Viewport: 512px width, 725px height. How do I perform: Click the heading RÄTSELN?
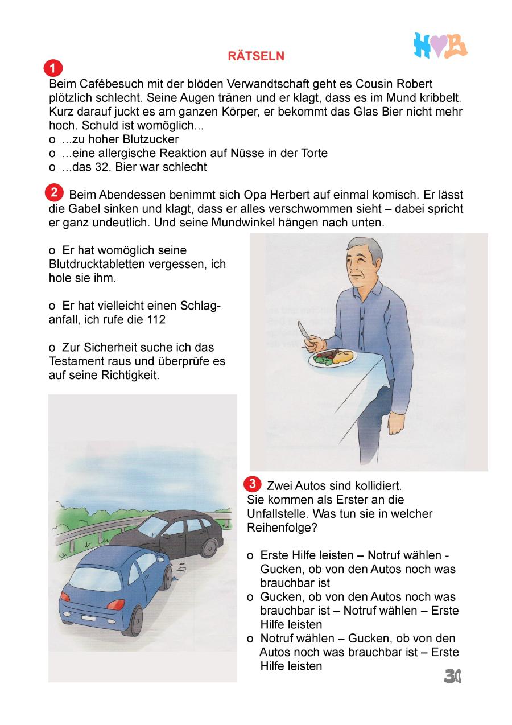tap(256, 56)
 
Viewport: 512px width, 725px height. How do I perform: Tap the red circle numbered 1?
tap(52, 69)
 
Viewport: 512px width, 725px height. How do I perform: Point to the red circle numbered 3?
tap(252, 484)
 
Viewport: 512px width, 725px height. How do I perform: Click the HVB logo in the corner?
tap(440, 46)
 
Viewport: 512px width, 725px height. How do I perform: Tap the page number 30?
tap(452, 675)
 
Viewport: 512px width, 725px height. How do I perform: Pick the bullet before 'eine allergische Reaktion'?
tap(52, 154)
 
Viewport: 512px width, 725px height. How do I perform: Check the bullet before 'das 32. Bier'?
tap(52, 167)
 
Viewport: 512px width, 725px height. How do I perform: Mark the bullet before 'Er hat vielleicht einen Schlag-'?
tap(52, 306)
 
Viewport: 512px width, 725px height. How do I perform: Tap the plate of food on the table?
tap(332, 358)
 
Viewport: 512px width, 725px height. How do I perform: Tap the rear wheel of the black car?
tap(209, 548)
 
